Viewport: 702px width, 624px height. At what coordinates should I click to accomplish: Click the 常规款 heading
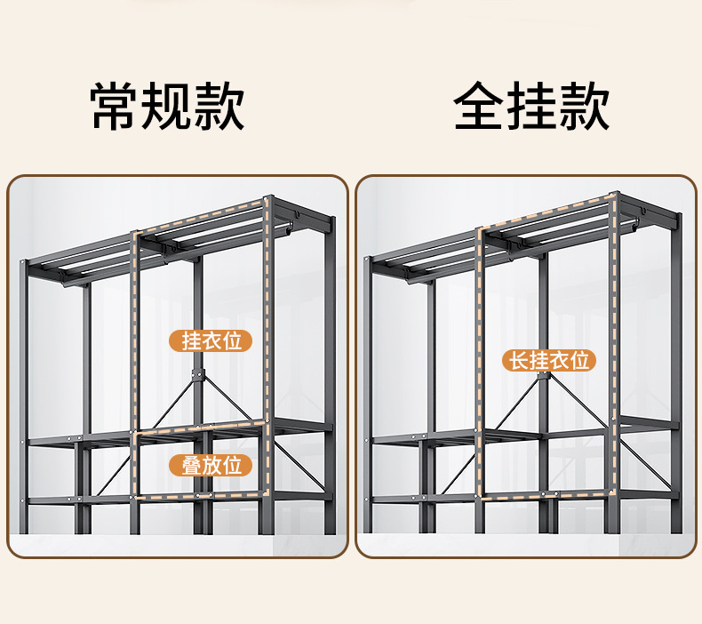tap(167, 107)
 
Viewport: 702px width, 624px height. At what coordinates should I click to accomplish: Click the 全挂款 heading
tap(531, 107)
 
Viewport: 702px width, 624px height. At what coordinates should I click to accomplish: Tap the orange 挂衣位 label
tap(211, 340)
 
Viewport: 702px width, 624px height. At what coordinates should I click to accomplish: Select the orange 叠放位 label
tap(211, 464)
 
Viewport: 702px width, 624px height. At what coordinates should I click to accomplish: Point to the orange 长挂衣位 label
tap(548, 360)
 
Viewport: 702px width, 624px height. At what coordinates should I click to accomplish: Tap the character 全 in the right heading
tap(480, 107)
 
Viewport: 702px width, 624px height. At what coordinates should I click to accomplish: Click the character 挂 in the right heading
tap(531, 107)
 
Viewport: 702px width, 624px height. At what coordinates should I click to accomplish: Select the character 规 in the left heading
tap(167, 107)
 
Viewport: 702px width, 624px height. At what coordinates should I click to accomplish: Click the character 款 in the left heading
tap(219, 107)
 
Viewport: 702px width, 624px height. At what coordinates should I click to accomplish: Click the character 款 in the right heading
tap(584, 107)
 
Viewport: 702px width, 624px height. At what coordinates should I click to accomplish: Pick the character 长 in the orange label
tap(516, 360)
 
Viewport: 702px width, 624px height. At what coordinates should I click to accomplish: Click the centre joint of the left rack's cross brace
tap(200, 372)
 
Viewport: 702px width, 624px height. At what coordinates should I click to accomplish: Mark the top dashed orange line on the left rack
tap(200, 215)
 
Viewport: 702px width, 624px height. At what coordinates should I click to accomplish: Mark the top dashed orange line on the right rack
tap(544, 211)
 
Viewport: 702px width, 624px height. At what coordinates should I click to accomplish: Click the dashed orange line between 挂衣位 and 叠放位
tap(200, 429)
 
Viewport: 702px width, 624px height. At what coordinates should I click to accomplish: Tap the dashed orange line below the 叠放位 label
tap(200, 494)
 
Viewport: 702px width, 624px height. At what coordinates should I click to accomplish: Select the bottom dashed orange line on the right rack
tap(544, 492)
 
